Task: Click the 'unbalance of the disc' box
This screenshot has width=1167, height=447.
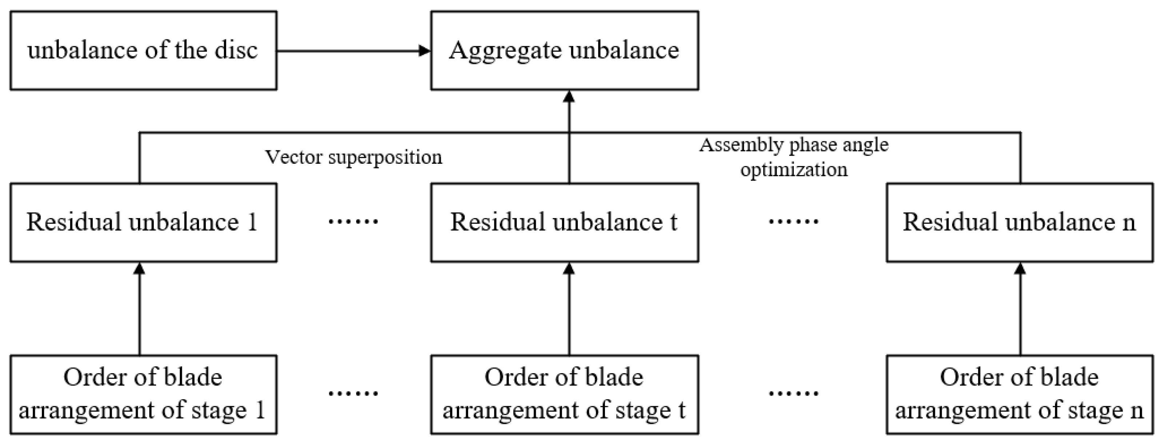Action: tap(143, 50)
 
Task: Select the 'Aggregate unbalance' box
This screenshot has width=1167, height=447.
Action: tap(565, 50)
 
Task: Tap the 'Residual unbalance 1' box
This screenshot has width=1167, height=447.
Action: tap(143, 222)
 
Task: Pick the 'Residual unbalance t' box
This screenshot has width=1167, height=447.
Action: tap(565, 222)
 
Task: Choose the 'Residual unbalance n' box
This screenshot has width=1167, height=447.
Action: tap(1019, 222)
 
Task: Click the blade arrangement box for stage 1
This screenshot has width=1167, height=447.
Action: tap(143, 394)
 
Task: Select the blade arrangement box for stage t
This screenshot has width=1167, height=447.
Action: tap(565, 394)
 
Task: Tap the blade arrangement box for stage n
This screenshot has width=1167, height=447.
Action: tap(1019, 394)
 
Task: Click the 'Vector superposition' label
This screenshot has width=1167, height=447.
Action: tap(353, 157)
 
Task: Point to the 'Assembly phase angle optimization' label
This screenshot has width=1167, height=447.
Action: tap(794, 157)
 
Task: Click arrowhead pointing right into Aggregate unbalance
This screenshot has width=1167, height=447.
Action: tap(425, 51)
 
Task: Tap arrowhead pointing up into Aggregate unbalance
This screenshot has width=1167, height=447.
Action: tap(569, 96)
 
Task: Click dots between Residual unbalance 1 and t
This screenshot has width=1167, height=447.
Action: tap(353, 222)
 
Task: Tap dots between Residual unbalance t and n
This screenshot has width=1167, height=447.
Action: tap(793, 222)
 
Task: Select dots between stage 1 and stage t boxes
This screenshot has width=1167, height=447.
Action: tap(353, 393)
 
